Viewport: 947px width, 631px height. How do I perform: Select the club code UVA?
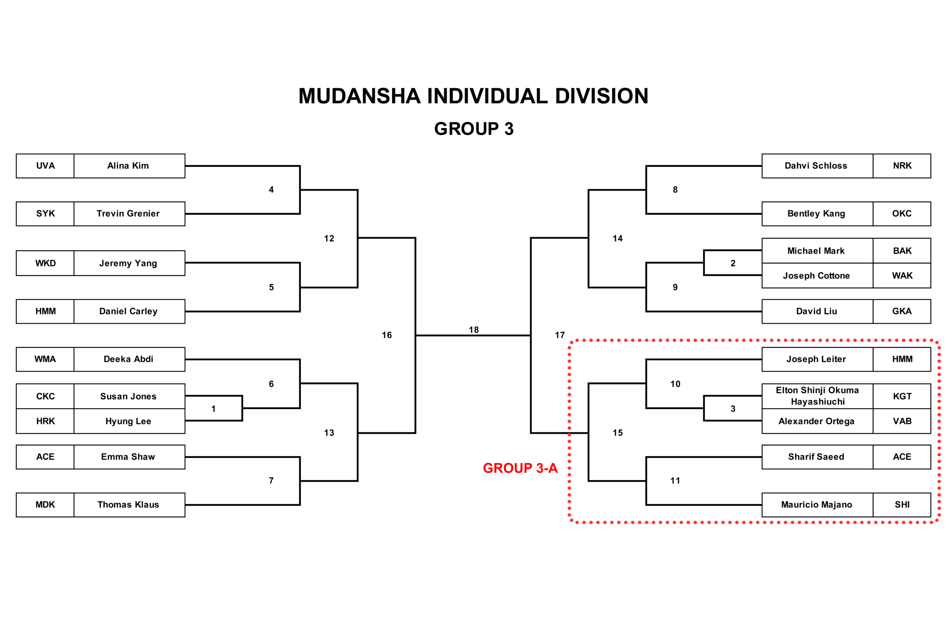[x=45, y=166]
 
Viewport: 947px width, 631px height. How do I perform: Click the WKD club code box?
[x=45, y=263]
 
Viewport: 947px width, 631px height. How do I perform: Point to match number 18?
[x=473, y=330]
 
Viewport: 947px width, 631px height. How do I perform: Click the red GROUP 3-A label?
[x=520, y=468]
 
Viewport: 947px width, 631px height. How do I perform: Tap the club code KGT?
[x=902, y=396]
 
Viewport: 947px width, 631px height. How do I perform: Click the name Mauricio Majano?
[x=816, y=505]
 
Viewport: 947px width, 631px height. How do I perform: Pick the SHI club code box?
[x=902, y=505]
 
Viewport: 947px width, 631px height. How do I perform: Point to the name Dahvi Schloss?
[x=816, y=166]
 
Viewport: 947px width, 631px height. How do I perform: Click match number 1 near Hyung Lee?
[x=213, y=409]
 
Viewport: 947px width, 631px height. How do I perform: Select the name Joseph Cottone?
[x=816, y=276]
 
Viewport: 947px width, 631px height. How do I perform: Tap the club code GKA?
[x=902, y=311]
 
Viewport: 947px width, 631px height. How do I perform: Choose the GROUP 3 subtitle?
[x=473, y=129]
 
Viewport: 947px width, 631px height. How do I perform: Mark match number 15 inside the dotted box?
[x=618, y=433]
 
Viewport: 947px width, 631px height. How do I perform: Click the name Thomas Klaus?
[x=128, y=505]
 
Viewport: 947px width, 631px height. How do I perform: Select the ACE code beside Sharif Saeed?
[x=902, y=457]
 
